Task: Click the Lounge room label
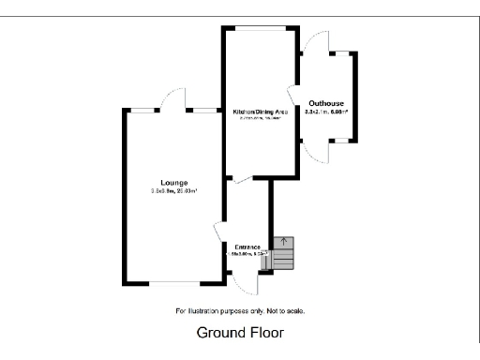coord(173,182)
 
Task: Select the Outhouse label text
coord(326,101)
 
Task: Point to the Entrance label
coord(247,246)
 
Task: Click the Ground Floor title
coord(240,333)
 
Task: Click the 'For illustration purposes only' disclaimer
coord(240,310)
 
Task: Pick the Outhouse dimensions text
coord(326,112)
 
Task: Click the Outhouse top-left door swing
coord(314,41)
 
